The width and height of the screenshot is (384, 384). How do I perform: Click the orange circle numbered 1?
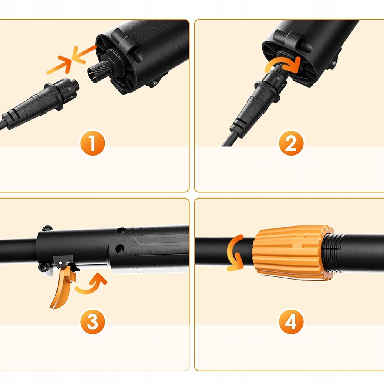[93, 143]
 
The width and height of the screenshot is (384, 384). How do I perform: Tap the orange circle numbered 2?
[291, 143]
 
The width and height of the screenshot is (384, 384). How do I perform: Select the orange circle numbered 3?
[93, 321]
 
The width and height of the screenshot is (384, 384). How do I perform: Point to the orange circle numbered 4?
[291, 321]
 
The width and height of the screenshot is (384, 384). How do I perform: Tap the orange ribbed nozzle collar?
[293, 253]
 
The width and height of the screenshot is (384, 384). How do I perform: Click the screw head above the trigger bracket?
[47, 228]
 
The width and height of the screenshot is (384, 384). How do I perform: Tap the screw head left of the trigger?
[43, 267]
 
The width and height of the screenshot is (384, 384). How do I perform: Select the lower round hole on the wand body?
[119, 248]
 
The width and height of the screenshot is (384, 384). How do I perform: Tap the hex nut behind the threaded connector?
[113, 64]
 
